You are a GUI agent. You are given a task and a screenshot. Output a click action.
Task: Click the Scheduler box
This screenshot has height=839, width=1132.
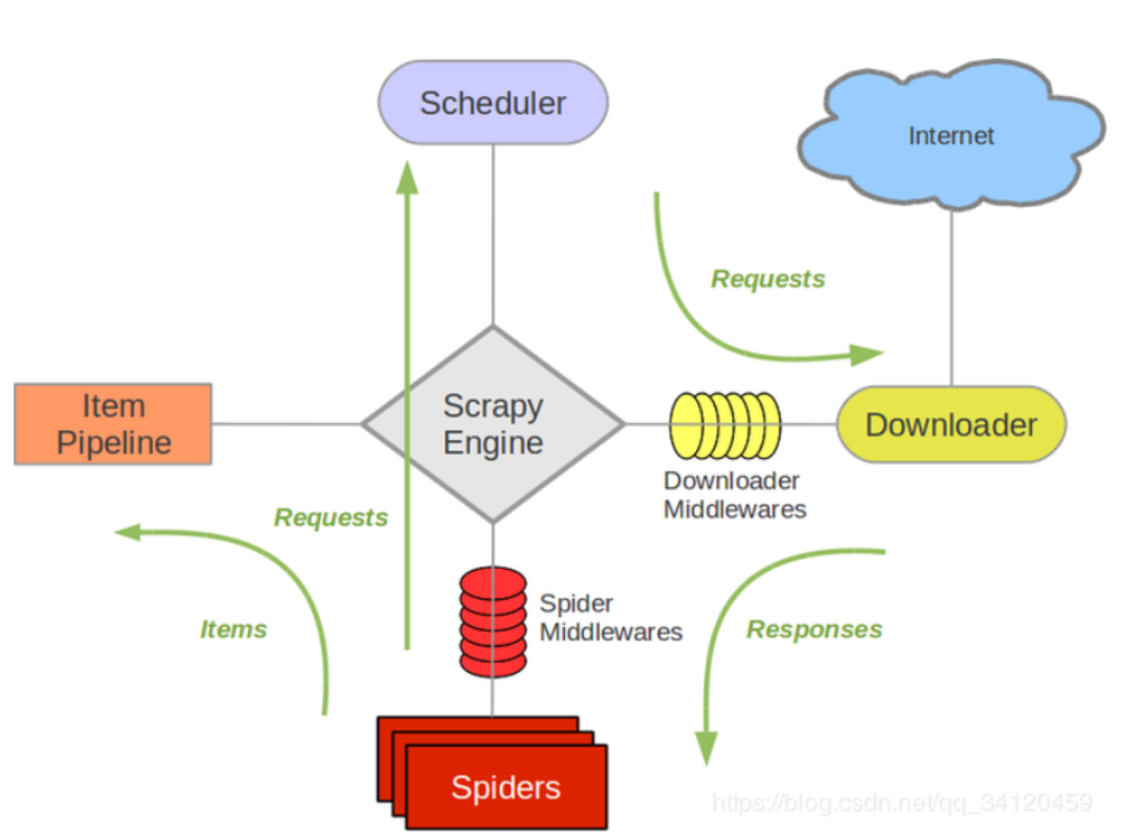(493, 103)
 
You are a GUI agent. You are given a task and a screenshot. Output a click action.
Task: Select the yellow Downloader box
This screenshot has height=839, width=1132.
(951, 424)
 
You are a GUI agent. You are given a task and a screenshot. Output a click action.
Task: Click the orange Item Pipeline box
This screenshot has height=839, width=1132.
(113, 424)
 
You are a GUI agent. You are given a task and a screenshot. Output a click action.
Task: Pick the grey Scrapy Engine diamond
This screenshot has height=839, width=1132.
(493, 424)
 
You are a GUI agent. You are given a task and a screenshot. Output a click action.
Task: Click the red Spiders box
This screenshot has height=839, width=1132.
(506, 786)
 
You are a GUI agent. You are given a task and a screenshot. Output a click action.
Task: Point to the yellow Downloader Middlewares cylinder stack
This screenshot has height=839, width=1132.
(725, 424)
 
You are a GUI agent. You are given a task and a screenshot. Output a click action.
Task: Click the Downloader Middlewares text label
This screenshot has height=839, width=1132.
(734, 495)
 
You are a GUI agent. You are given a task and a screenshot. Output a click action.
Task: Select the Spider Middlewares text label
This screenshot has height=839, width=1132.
(611, 618)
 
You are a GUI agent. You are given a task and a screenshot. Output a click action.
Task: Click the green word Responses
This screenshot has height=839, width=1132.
(814, 629)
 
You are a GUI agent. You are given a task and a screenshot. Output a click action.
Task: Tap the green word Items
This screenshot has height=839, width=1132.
(234, 629)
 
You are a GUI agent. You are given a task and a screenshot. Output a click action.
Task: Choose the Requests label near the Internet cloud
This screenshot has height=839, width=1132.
(768, 278)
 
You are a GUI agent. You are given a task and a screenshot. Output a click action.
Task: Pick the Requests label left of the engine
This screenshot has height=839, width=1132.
(330, 518)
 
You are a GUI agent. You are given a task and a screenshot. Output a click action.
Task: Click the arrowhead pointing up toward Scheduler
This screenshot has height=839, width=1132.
(407, 178)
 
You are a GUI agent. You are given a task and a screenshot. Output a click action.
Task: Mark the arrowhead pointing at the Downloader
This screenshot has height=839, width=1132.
(866, 355)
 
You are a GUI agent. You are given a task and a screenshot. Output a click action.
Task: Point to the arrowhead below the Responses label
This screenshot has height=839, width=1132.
(707, 746)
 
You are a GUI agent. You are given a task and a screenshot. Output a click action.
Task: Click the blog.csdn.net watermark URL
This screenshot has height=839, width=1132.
(901, 804)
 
